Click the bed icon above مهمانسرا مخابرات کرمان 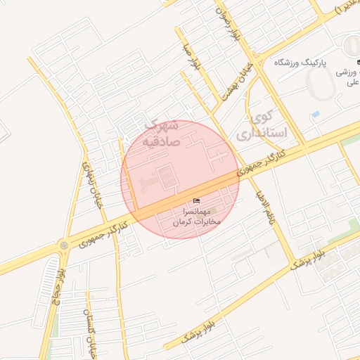click(196, 201)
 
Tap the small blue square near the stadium click(316, 114)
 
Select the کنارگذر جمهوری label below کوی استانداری click(262, 161)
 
